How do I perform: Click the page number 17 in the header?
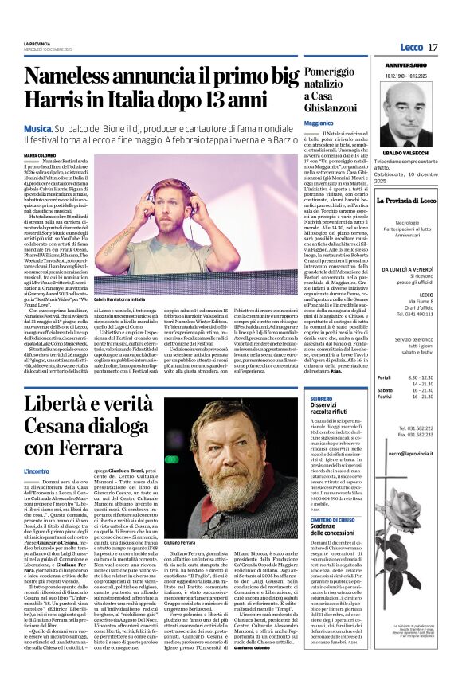pos(433,48)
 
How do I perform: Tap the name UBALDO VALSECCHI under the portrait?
pos(406,151)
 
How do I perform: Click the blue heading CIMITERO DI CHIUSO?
pos(335,518)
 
